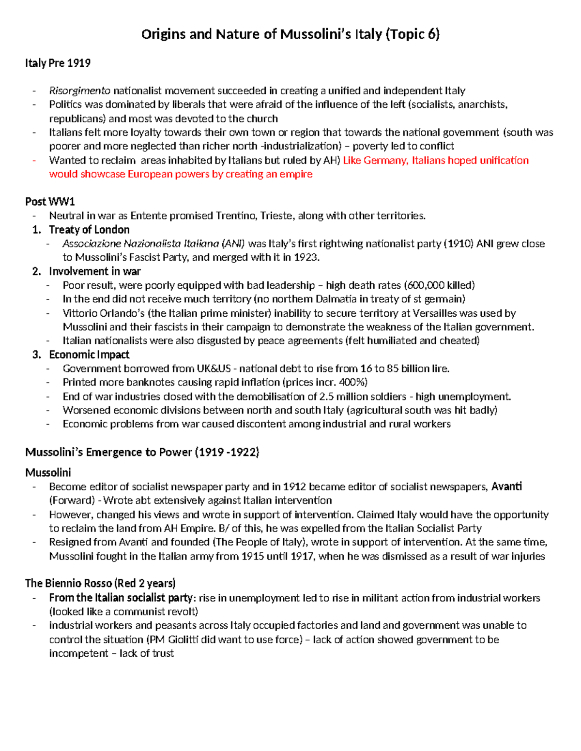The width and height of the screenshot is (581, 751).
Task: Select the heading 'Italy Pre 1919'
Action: (x=58, y=63)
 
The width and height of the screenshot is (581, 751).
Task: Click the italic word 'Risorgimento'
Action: (x=79, y=91)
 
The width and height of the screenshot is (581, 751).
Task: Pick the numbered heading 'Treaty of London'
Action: (x=89, y=230)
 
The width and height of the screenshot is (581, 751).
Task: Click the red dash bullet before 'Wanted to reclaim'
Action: (x=34, y=161)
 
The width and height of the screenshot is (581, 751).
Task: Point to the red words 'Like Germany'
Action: (x=375, y=161)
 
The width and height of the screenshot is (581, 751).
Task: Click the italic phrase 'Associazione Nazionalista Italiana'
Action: (x=140, y=244)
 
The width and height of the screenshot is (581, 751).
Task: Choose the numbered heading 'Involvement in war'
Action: (x=94, y=271)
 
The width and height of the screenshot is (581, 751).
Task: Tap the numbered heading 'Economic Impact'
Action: (x=89, y=355)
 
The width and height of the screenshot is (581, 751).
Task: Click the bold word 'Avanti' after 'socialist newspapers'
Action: (x=506, y=486)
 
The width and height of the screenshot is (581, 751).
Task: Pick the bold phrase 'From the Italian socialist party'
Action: (x=121, y=598)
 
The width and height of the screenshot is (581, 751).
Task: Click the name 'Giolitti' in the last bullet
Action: (x=183, y=639)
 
